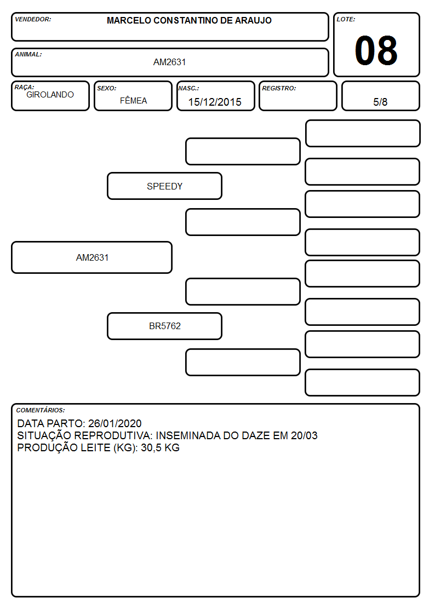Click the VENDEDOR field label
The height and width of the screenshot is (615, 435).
click(x=33, y=19)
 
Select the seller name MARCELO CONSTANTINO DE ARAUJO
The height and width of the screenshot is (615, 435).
click(x=189, y=20)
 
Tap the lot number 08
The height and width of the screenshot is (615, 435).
click(x=376, y=50)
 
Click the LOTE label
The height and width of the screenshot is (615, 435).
click(x=346, y=19)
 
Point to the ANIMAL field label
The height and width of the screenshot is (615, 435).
click(x=28, y=55)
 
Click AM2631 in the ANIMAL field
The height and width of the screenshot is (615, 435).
click(x=169, y=62)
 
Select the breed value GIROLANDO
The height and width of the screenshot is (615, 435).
click(x=50, y=95)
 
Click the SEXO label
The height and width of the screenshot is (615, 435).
click(x=107, y=88)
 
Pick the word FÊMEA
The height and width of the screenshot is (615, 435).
click(x=133, y=100)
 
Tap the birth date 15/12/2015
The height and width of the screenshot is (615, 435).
click(x=215, y=102)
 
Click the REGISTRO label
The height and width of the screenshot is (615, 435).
click(x=279, y=88)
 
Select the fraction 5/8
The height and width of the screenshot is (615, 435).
click(x=380, y=102)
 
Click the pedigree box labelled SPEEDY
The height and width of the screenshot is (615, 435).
click(x=165, y=186)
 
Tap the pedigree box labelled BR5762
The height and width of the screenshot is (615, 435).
click(x=165, y=326)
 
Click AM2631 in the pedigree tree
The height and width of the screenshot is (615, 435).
click(x=92, y=257)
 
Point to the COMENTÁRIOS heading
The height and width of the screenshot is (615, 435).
click(x=41, y=410)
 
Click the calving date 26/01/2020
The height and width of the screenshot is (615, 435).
click(x=115, y=423)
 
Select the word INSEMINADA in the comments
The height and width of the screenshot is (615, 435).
click(x=188, y=436)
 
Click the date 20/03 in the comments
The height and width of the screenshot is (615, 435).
click(x=305, y=436)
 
